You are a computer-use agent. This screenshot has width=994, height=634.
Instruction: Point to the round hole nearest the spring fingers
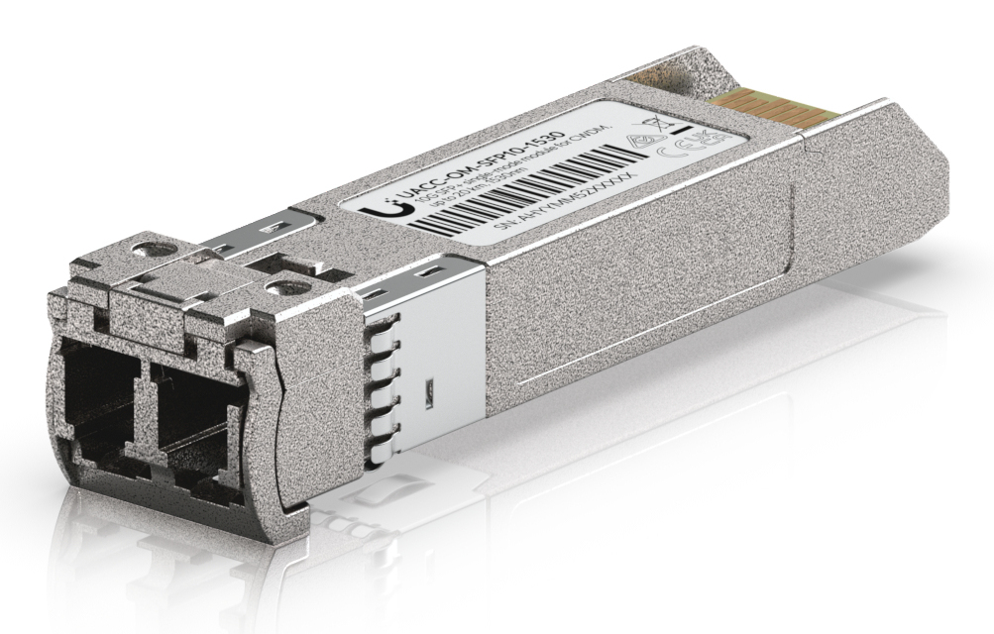click(287, 291)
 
